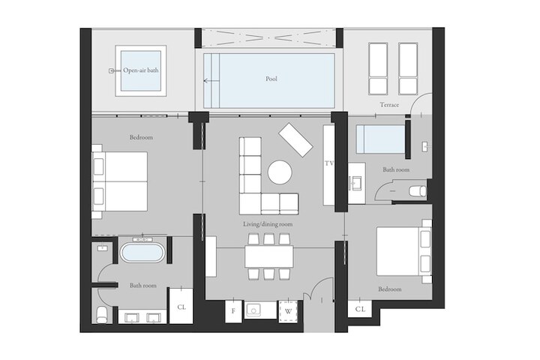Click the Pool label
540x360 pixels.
(x=271, y=79)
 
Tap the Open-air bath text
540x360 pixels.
(x=141, y=70)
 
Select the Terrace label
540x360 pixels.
(x=389, y=105)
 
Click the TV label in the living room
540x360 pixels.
(x=329, y=163)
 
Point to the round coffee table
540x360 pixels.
(x=280, y=172)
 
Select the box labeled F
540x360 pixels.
(x=233, y=311)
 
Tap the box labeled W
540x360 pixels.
(x=288, y=311)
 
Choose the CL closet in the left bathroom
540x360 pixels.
(x=181, y=306)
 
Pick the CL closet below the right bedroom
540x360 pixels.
(x=360, y=309)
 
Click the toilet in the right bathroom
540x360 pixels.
(x=418, y=191)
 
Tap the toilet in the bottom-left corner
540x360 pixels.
(x=102, y=315)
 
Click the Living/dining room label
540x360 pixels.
(x=268, y=224)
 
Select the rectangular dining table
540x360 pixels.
(x=269, y=256)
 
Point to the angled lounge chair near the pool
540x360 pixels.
(x=295, y=140)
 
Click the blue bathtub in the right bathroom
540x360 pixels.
(x=380, y=139)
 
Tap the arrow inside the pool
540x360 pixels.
(x=211, y=81)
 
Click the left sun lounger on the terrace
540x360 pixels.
(x=378, y=68)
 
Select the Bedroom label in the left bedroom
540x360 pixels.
(x=141, y=137)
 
